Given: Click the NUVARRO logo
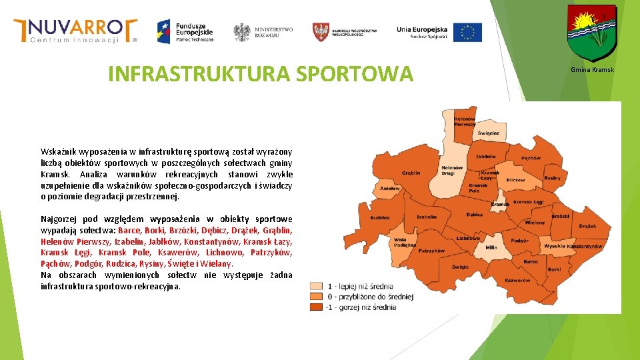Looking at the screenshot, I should coord(75,30).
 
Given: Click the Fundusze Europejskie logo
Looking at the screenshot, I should coord(185,31).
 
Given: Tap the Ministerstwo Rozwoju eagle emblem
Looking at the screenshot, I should coord(241,32).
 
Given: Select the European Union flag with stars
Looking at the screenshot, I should coord(467,32).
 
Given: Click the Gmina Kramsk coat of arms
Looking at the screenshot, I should coord(591,33).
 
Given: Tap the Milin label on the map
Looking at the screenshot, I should coord(491,247).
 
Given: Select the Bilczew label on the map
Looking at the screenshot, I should coord(515,180).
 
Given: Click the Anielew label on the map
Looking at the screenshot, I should coord(390,189).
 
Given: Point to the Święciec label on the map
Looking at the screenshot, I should coord(488,133).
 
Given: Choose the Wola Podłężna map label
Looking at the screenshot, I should coord(401,242).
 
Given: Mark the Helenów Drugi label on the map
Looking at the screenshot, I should coord(452,171).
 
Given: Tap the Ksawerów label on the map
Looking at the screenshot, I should coord(517,281).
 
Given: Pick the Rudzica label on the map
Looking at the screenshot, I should coord(380,217).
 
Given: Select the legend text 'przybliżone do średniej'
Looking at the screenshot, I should coord(374,297).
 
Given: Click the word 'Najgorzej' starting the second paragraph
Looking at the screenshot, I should coord(58,219).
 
